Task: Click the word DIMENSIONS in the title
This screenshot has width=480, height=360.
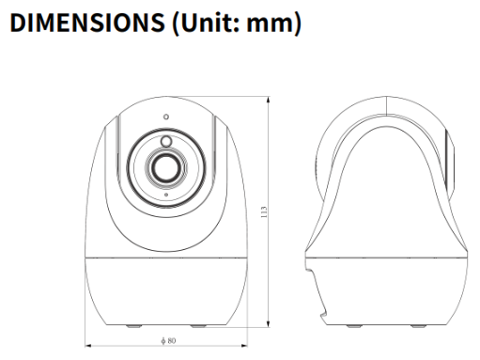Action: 87,23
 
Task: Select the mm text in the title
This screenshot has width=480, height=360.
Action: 270,25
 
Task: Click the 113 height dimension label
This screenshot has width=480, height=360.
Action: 264,212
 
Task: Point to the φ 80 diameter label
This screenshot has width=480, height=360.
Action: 168,340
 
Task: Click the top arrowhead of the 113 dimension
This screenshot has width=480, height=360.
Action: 268,100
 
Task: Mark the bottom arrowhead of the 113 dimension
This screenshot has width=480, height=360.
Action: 268,324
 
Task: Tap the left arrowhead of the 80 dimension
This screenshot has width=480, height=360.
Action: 88,346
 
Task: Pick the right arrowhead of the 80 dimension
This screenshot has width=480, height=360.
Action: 244,346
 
